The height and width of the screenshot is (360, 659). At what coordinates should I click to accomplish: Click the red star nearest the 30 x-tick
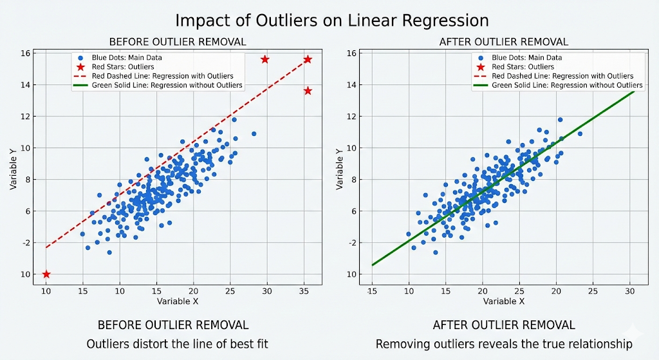(x=265, y=59)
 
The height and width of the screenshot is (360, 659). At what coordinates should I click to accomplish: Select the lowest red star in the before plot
(x=46, y=274)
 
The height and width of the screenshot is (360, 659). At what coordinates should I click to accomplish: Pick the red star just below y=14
(x=308, y=91)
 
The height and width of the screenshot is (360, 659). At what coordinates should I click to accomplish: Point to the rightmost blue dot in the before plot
(x=254, y=134)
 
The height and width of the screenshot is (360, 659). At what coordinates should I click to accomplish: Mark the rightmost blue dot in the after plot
(x=580, y=134)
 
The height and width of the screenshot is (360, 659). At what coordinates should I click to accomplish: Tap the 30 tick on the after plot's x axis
(x=630, y=292)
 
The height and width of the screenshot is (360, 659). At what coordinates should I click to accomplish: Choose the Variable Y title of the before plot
(x=14, y=169)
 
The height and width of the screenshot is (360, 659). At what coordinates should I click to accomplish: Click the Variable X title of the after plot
(x=503, y=301)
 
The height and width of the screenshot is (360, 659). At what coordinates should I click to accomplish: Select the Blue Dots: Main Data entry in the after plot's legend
(x=526, y=57)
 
